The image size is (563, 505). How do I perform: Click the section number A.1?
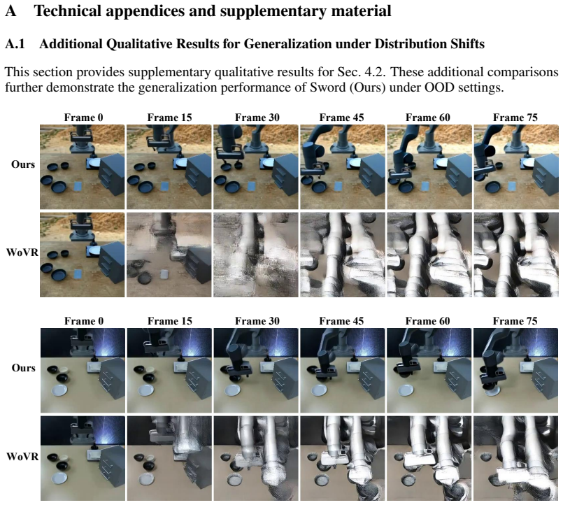coord(15,44)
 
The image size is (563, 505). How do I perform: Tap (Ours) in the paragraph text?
coord(368,87)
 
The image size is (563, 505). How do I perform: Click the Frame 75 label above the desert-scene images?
coord(515,118)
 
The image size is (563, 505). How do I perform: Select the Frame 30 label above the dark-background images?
coord(257,321)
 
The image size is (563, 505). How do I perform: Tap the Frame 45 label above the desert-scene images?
coord(341,118)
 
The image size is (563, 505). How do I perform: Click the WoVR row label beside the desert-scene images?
coord(22,252)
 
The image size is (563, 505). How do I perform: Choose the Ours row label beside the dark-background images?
coord(23,368)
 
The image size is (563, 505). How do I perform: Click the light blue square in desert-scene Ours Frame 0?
coord(78,187)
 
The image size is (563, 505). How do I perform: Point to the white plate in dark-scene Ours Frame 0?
coord(59,390)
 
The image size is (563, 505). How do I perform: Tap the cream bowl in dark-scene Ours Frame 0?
coord(64,369)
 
